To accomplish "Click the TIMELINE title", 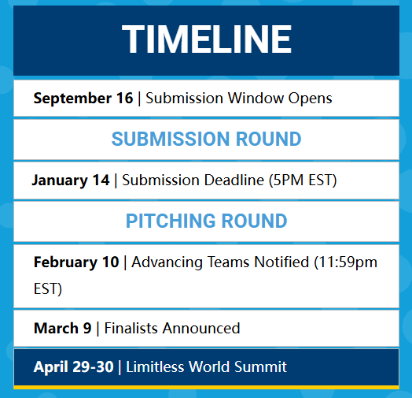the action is click(x=207, y=39).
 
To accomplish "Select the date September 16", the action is click(x=83, y=99).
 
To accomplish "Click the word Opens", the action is click(x=310, y=99).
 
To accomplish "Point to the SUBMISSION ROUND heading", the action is click(x=206, y=139).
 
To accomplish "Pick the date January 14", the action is click(x=71, y=180).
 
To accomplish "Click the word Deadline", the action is click(x=234, y=180).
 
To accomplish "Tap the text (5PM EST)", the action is click(x=303, y=180).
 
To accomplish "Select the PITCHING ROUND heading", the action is click(x=206, y=221).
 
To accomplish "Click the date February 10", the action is click(x=76, y=262).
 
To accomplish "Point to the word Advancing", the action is click(x=167, y=262).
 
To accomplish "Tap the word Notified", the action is click(x=281, y=262).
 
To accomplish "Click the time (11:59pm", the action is click(x=345, y=262).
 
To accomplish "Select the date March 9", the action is click(x=63, y=328).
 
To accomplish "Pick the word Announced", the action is click(x=201, y=328).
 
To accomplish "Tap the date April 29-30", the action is click(x=74, y=367).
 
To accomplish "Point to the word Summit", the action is click(x=260, y=367).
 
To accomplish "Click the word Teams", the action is click(x=228, y=262).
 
